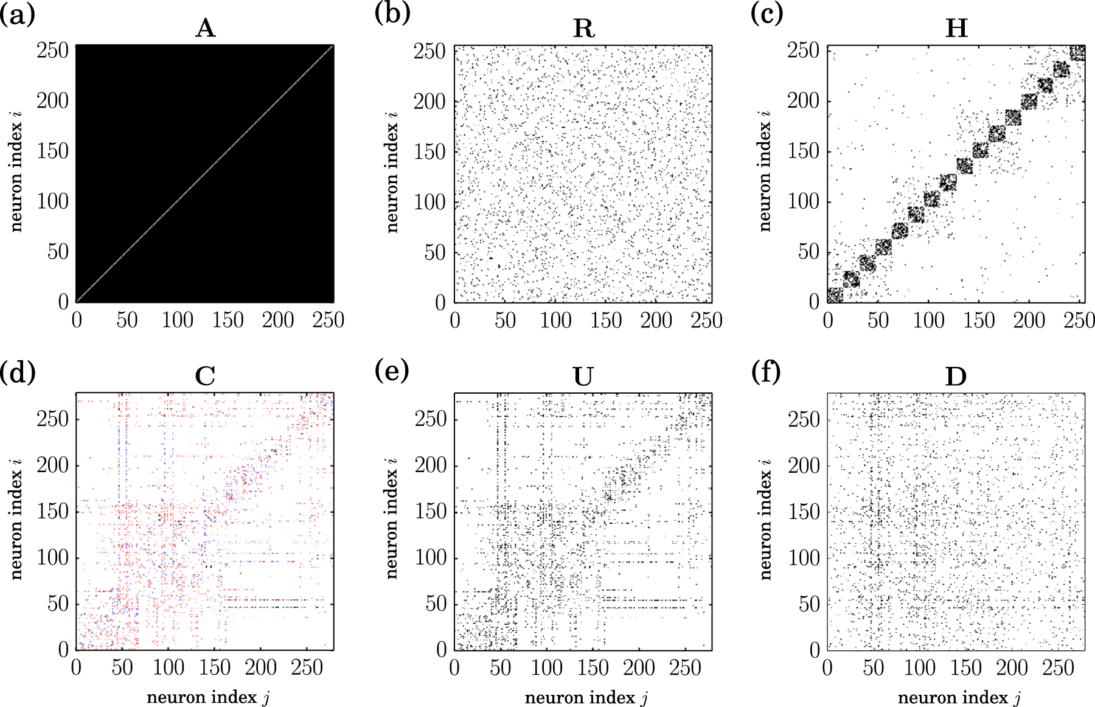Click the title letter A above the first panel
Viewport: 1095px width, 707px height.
(205, 28)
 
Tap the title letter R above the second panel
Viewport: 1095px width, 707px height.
(583, 28)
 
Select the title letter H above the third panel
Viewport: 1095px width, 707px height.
(956, 28)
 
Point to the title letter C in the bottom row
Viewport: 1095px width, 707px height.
(205, 377)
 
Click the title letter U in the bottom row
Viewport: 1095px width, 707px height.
(583, 377)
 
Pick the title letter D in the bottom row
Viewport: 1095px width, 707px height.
(956, 377)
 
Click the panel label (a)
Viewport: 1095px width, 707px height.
(17, 13)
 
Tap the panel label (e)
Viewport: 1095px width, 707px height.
(392, 369)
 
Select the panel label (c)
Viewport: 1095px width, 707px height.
(766, 13)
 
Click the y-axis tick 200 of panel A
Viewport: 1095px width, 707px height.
(53, 100)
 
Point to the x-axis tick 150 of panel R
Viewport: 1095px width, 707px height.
(606, 321)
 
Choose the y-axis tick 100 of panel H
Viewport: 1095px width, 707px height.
(803, 201)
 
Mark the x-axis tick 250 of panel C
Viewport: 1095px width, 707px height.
(307, 668)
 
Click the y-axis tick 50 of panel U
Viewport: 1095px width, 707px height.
(436, 604)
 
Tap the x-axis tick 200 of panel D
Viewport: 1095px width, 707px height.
(1012, 668)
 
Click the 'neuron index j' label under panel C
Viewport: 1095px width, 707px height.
(208, 697)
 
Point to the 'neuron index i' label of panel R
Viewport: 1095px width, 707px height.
(392, 172)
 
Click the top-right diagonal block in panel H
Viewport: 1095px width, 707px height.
(1077, 53)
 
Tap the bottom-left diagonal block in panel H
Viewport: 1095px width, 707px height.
(835, 295)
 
